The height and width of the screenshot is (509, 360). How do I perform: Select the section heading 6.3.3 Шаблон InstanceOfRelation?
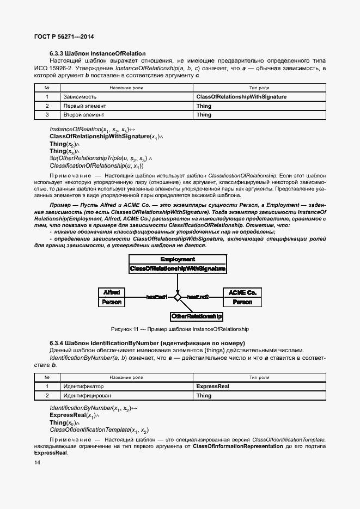[97, 53]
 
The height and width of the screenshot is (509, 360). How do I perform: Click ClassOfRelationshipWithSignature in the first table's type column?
[241, 96]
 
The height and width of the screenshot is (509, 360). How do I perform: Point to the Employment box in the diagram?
[178, 260]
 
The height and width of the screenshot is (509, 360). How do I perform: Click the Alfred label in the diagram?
[112, 292]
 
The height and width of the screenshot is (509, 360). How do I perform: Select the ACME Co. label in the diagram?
[242, 292]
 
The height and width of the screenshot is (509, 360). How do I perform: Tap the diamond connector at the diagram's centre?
[177, 297]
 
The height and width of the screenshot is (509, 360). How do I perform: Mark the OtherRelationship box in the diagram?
[197, 316]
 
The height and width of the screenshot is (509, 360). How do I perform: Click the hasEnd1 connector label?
[156, 297]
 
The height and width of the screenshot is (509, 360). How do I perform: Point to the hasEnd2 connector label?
[197, 297]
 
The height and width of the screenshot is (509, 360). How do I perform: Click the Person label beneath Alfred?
[112, 302]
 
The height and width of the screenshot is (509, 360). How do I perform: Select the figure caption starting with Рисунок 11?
[179, 329]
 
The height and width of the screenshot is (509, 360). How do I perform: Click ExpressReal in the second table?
[212, 386]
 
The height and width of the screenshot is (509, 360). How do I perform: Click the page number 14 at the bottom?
[37, 462]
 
